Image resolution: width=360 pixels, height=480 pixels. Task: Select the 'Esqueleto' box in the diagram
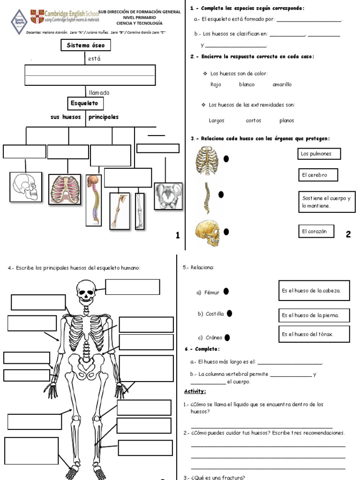[x=85, y=103]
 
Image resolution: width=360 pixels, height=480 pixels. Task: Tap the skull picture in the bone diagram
[x=26, y=187]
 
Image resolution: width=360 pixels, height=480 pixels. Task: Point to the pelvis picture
[x=168, y=196]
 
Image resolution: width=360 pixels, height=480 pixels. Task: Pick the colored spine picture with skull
[x=94, y=200]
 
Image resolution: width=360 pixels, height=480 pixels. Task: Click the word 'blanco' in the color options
[x=247, y=84]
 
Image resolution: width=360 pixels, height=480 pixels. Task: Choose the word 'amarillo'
[x=282, y=84]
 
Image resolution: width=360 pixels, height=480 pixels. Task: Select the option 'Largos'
[x=217, y=120]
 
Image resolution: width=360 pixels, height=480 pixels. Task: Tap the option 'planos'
[x=286, y=120]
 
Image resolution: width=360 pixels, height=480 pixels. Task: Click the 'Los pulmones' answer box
[x=319, y=154]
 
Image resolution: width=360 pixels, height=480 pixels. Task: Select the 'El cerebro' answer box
[x=317, y=175]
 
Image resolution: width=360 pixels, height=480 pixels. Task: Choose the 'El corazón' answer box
[x=318, y=231]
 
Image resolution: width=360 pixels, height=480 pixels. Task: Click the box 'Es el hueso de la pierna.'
[x=314, y=315]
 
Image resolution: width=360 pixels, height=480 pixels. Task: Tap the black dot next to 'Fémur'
[x=226, y=292]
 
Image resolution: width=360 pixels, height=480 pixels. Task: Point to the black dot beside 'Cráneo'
[x=227, y=337]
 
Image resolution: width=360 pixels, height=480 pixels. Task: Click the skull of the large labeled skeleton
[x=85, y=290]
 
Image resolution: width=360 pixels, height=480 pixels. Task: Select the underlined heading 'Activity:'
[x=195, y=391]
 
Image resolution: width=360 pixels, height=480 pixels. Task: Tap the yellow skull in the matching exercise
[x=208, y=233]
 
